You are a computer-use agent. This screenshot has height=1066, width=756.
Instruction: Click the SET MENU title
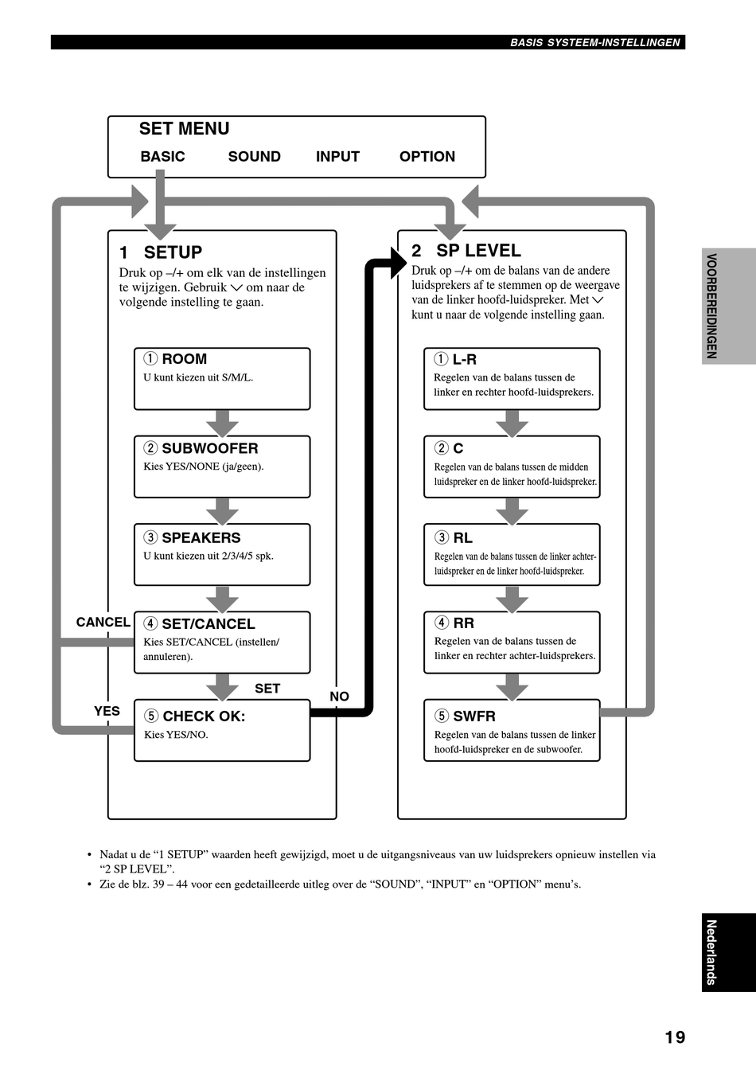tap(184, 128)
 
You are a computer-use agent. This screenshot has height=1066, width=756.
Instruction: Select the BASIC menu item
tap(162, 157)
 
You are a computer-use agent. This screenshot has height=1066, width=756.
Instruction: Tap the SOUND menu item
tap(255, 157)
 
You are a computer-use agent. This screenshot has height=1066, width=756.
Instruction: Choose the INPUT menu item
tap(337, 157)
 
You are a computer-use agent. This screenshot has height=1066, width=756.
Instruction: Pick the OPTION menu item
tap(427, 157)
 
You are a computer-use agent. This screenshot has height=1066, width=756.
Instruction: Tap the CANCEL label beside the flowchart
tap(103, 623)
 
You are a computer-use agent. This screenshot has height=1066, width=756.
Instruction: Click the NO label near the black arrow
tap(339, 697)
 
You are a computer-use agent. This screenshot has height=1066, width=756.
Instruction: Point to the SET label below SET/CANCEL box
tap(267, 689)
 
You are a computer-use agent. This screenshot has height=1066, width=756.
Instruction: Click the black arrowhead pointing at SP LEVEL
tap(398, 263)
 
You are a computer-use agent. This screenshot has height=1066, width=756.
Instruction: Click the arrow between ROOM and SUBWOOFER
tap(222, 423)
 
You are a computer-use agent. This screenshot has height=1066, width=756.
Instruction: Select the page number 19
tap(675, 1037)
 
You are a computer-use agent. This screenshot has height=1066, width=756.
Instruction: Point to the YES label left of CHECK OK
tap(107, 711)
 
